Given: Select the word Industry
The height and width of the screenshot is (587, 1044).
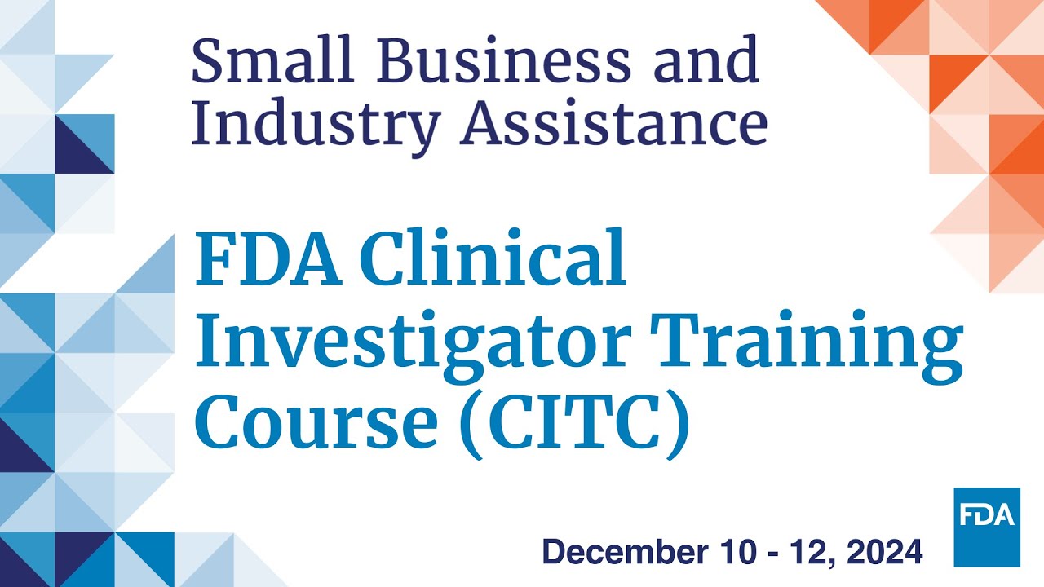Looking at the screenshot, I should (x=317, y=126).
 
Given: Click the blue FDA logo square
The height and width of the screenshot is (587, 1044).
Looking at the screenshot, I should (x=987, y=527).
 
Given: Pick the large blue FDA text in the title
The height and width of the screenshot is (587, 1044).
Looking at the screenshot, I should (x=269, y=259).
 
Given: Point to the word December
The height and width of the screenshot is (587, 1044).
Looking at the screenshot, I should (x=625, y=552).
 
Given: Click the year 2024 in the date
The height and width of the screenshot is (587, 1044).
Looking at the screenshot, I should (x=885, y=552).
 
